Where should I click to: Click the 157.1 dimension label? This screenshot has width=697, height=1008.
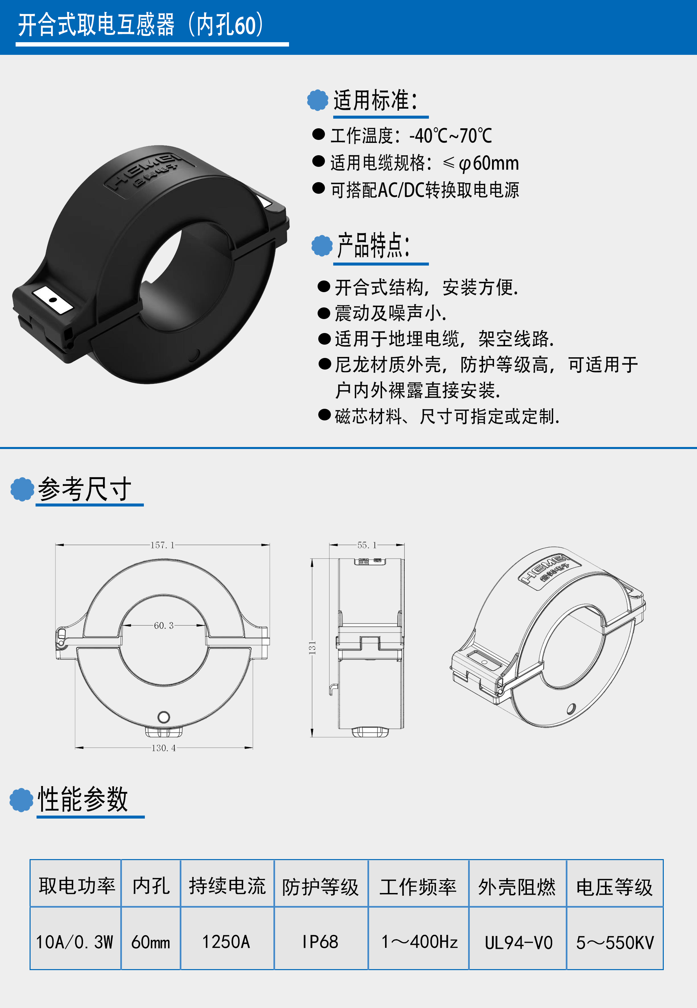(x=162, y=545)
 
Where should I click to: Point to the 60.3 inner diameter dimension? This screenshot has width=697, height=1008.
(x=164, y=625)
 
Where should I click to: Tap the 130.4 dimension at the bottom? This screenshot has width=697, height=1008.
(x=163, y=748)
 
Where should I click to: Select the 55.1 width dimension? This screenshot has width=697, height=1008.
(x=367, y=545)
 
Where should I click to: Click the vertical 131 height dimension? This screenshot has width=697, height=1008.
(x=312, y=648)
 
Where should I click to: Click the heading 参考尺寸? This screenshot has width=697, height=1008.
(x=84, y=489)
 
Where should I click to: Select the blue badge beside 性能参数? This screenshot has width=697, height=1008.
(x=21, y=800)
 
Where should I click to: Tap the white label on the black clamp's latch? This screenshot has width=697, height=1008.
(x=53, y=299)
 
